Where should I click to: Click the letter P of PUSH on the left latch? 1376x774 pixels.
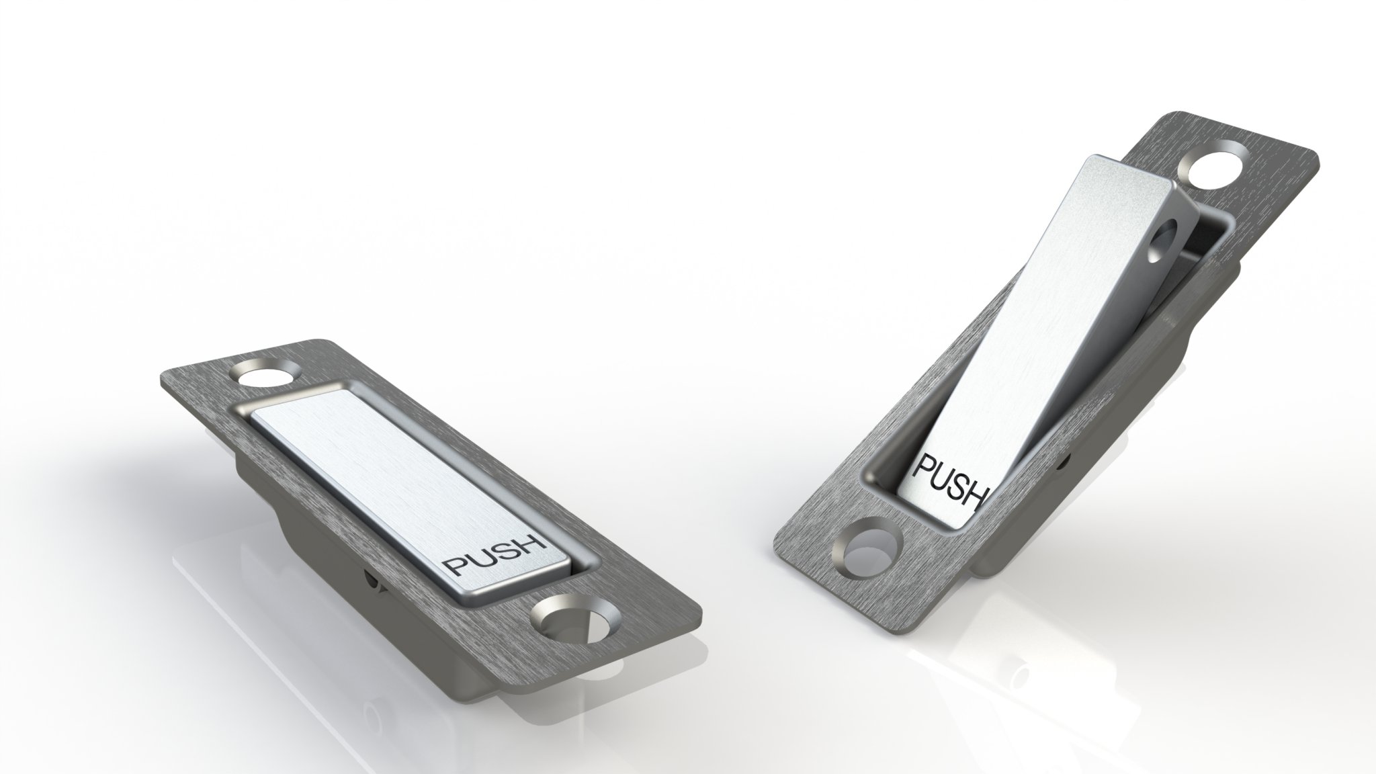point(454,568)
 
